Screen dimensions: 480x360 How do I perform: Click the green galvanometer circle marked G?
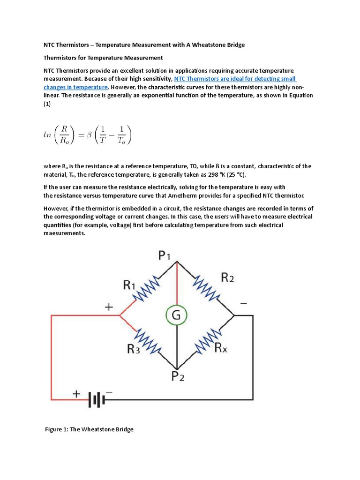tap(176, 315)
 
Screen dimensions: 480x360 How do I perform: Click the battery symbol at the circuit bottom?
tap(97, 399)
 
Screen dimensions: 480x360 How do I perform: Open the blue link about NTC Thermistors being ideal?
tap(234, 79)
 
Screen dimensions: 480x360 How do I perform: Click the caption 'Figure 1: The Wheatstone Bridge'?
tap(89, 429)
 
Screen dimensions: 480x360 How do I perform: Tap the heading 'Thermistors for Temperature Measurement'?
tap(103, 58)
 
